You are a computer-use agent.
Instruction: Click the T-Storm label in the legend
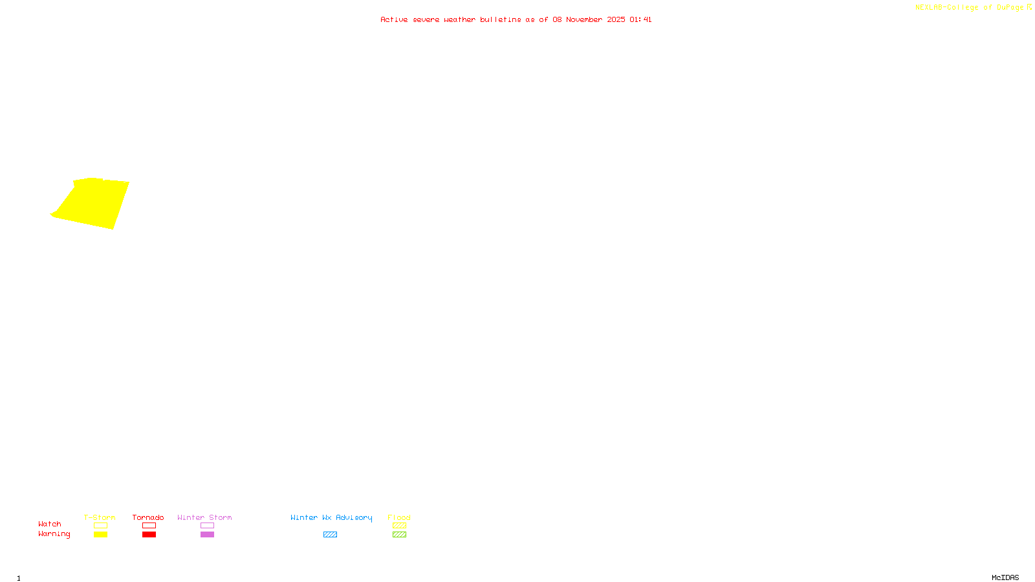[100, 517]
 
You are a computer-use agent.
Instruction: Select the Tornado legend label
[148, 517]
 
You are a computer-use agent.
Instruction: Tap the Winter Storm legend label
[204, 517]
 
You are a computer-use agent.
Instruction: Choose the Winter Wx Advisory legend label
[331, 517]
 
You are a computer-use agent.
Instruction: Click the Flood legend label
[399, 517]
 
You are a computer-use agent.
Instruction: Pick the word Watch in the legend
[50, 524]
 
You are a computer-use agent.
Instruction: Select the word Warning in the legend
[54, 534]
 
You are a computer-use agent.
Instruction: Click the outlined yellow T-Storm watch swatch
[100, 526]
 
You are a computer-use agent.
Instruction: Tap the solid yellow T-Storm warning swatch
[100, 535]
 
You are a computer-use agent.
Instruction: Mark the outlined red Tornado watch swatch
[149, 526]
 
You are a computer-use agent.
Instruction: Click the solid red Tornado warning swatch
[149, 535]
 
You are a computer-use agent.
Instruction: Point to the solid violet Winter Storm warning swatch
[207, 535]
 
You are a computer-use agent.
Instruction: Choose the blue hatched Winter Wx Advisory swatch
[330, 535]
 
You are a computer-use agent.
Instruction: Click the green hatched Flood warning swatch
[399, 535]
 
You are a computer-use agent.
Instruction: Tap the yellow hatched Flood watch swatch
[399, 526]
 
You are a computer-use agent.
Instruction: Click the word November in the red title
[584, 19]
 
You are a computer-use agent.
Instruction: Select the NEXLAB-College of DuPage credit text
[970, 8]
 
